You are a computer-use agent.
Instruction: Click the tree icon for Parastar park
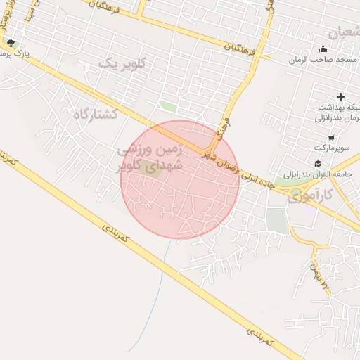point(10,43)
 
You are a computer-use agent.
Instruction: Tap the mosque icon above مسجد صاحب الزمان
point(323,49)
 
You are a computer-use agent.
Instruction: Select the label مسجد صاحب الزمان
point(323,60)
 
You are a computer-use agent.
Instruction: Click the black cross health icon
point(341,96)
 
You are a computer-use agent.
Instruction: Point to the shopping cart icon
point(331,138)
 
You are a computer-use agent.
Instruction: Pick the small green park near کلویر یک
point(167,106)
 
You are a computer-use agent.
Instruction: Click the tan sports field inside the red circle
point(148,167)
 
